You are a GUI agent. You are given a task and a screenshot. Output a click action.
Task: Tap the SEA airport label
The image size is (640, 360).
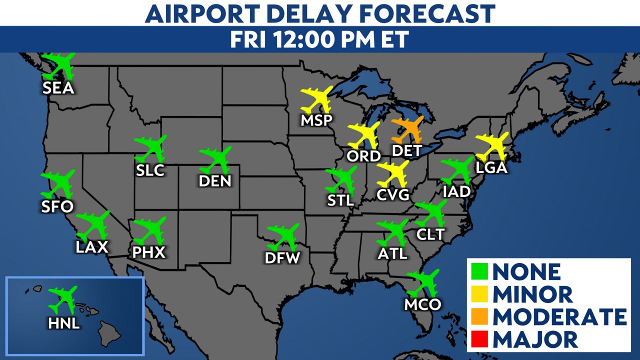coord(58,88)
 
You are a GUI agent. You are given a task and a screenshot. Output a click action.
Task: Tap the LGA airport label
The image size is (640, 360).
coord(491,168)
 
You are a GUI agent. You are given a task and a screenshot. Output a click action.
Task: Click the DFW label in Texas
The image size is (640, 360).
coord(282,258)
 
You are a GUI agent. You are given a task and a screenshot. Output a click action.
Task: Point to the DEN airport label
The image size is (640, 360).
coord(215,180)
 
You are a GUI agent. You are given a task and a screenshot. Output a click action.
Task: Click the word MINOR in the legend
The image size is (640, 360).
coord(533,294)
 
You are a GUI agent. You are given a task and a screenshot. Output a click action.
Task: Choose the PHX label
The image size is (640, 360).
coord(148,252)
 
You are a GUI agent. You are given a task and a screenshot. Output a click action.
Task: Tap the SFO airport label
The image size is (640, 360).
coord(58,205)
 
